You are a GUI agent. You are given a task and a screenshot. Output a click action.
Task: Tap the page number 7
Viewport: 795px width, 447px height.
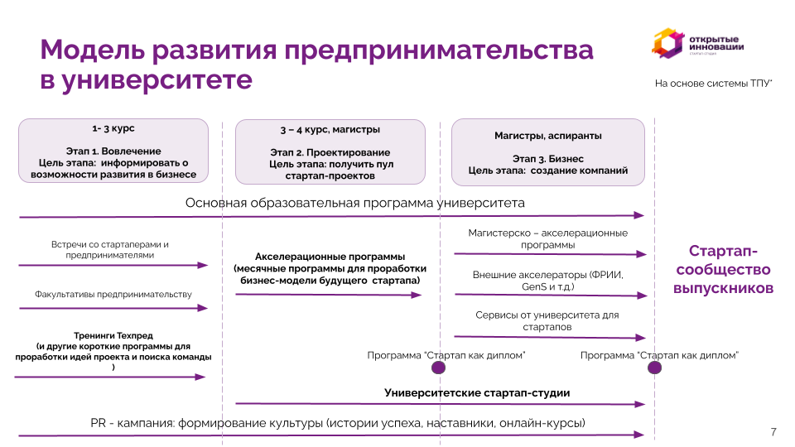[x=773, y=432]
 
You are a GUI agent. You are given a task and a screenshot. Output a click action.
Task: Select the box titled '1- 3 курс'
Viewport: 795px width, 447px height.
[x=113, y=151]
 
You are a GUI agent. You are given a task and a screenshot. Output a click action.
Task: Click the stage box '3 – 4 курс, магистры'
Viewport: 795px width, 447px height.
[x=330, y=152]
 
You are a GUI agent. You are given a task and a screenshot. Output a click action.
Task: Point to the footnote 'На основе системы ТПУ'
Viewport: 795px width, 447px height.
[x=713, y=84]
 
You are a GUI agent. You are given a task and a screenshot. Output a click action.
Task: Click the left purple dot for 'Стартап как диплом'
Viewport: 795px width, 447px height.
[x=439, y=368]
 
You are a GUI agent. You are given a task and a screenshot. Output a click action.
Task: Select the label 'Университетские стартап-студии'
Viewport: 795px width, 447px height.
[x=477, y=393]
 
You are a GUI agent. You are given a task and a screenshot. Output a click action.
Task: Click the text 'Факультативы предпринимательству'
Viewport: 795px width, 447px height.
[x=113, y=295]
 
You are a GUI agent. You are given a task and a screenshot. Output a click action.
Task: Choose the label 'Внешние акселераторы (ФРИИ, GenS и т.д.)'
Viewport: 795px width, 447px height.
[x=547, y=281]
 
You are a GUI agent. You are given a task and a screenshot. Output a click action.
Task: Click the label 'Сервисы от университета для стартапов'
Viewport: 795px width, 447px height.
[x=547, y=321]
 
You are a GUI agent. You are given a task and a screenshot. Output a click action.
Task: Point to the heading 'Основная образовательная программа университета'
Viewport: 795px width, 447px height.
[x=354, y=203]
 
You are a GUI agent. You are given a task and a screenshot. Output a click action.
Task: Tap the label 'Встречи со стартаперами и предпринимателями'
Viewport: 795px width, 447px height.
[x=110, y=250]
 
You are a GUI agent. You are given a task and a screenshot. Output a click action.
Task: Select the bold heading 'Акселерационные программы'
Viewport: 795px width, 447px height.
[x=330, y=257]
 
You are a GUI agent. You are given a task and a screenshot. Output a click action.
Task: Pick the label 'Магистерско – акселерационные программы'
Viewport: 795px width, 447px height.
[x=547, y=238]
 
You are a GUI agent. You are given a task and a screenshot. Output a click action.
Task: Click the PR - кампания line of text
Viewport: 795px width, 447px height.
[x=337, y=423]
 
